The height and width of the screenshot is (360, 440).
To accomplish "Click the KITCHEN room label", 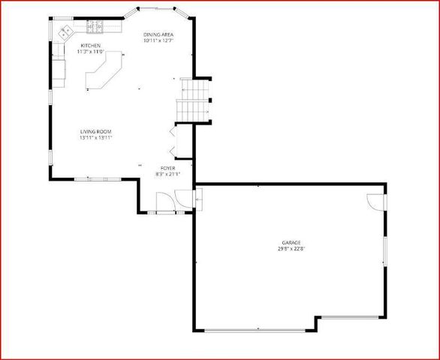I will (x=90, y=45).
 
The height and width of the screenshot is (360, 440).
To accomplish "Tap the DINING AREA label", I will (x=158, y=34).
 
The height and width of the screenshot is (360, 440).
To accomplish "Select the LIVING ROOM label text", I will (x=97, y=132).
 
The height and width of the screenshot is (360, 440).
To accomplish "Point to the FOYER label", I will (x=168, y=168).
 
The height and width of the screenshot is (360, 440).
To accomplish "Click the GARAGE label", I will (x=291, y=242).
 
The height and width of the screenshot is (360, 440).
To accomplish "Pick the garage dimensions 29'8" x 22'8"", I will (x=291, y=249).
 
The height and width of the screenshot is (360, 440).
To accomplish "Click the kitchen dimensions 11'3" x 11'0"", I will (x=91, y=52).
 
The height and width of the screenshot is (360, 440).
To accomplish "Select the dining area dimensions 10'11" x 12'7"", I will (x=158, y=41).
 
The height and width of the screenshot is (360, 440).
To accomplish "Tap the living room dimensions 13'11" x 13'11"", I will (x=97, y=138).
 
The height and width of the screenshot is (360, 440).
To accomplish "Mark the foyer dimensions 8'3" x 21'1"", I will (x=168, y=174).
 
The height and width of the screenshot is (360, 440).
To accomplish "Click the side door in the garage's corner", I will (x=375, y=201).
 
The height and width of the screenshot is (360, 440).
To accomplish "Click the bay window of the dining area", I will (x=158, y=9).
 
